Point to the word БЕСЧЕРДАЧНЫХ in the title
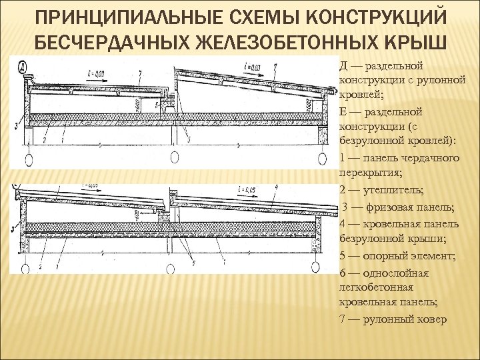click(109, 43)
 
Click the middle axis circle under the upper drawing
click(174, 159)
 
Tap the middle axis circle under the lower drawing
click(174, 269)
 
